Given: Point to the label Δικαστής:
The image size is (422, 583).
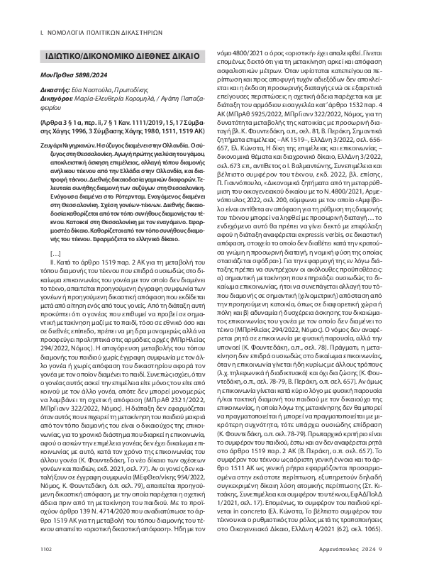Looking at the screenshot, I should [x=57, y=91].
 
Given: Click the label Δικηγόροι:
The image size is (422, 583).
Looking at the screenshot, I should [x=60, y=99].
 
